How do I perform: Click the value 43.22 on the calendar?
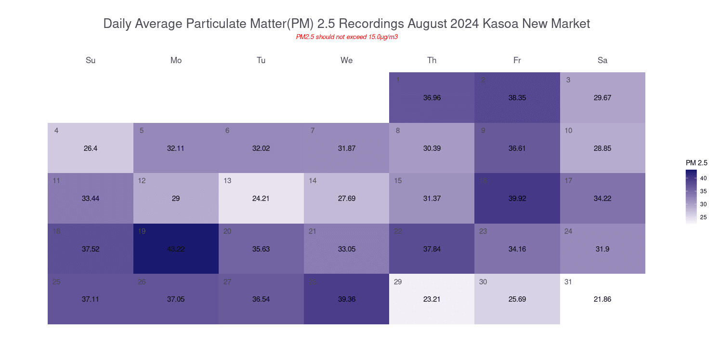(176, 249)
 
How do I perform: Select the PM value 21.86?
(602, 299)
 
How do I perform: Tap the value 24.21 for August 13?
(261, 199)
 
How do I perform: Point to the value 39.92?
(517, 199)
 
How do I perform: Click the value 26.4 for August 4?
(91, 148)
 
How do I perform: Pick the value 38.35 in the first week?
(517, 98)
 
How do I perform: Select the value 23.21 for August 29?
(432, 299)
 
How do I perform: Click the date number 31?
(568, 282)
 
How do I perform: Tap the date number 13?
(227, 181)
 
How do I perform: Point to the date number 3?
(568, 80)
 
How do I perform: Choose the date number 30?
(483, 282)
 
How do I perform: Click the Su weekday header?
(91, 60)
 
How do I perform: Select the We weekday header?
(346, 60)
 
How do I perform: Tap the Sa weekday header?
(602, 60)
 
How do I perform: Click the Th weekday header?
(432, 60)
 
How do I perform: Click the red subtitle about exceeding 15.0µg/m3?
(346, 37)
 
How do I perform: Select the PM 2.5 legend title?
(696, 163)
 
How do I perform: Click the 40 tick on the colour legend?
(703, 178)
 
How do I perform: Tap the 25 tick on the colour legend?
(703, 217)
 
